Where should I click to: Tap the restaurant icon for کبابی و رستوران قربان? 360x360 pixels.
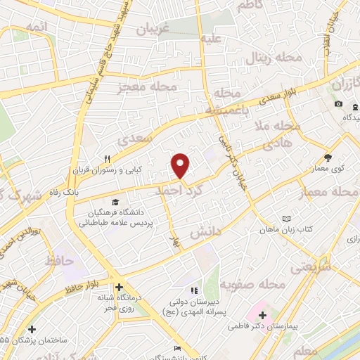pos(108,159)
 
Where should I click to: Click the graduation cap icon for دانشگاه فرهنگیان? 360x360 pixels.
pos(115,202)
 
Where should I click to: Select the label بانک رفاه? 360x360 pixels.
pos(78,191)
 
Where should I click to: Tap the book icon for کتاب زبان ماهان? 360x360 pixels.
pos(285,219)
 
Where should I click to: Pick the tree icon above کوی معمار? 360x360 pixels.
pos(328,157)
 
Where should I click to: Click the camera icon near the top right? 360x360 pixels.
pos(339,104)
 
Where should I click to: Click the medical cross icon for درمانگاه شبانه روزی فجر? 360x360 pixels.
pos(119,287)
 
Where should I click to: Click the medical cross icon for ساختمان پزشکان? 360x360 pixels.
pos(31,328)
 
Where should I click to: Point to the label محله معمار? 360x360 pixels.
pos(330,192)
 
